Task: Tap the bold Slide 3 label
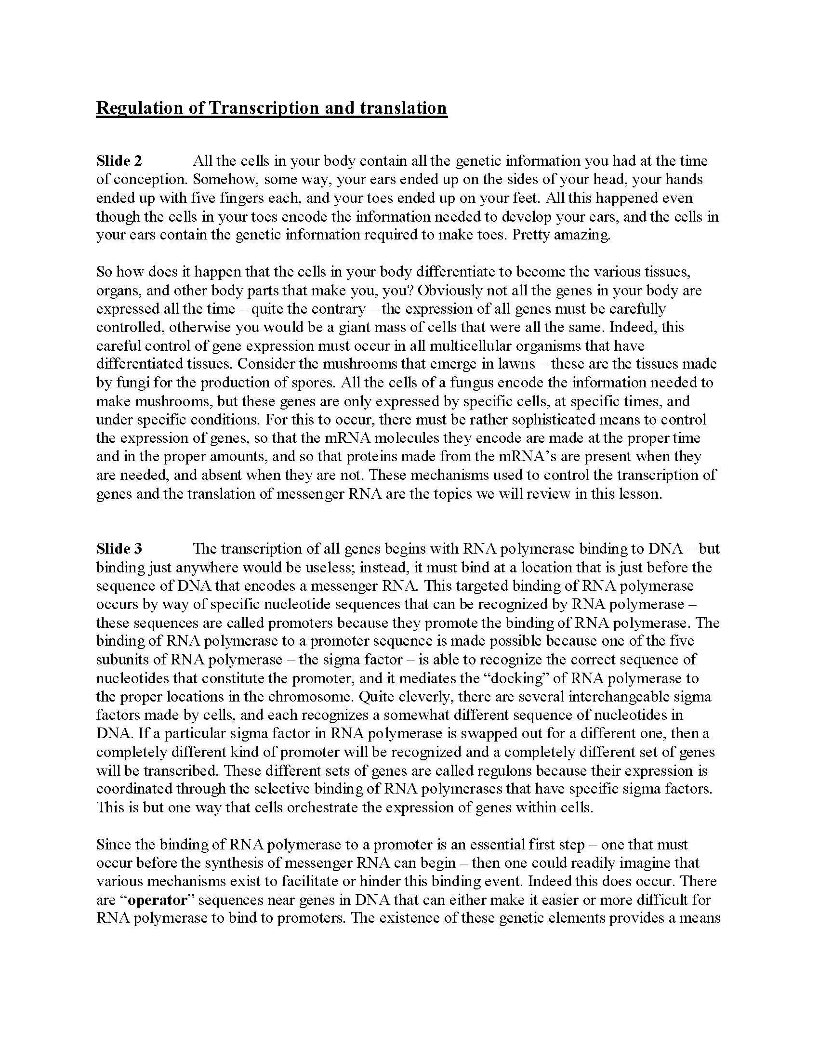tap(119, 549)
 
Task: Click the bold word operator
tap(158, 901)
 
